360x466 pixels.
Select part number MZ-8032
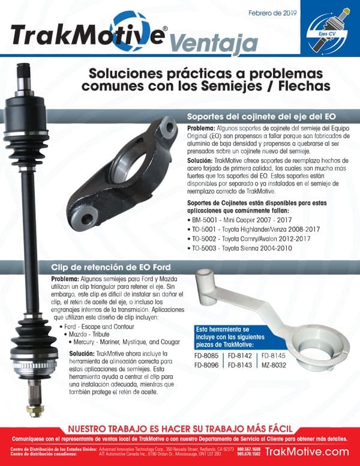pyautogui.click(x=275, y=366)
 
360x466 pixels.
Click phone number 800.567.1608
pyautogui.click(x=249, y=449)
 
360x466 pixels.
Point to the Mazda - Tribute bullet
pyautogui.click(x=89, y=333)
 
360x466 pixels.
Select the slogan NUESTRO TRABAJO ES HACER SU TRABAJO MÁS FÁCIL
pyautogui.click(x=180, y=429)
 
